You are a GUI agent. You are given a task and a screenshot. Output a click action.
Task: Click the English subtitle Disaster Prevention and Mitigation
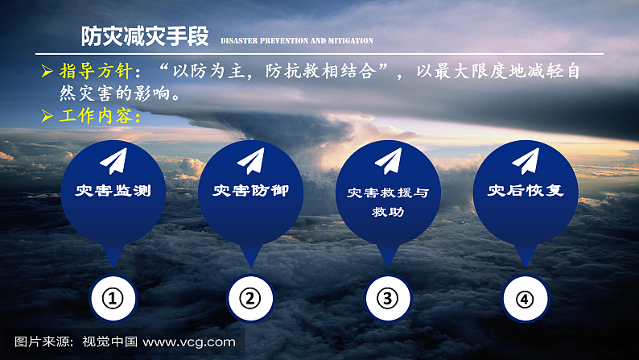(296, 40)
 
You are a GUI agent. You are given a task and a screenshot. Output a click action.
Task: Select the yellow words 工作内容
(100, 116)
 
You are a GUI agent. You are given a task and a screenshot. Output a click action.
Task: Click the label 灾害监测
(113, 192)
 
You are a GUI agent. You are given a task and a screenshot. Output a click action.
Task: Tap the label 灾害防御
(250, 192)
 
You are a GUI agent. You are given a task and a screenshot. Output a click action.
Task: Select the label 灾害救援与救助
(388, 202)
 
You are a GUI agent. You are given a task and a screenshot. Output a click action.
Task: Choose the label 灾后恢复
(526, 192)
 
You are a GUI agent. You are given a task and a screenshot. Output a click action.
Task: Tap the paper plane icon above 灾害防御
(250, 160)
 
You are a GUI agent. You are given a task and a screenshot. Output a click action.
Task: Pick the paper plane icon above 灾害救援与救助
(388, 161)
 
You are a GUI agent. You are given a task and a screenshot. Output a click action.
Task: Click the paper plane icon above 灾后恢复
(526, 160)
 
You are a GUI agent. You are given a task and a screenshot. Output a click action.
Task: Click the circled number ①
(113, 299)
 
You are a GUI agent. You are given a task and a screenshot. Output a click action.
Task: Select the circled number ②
(250, 299)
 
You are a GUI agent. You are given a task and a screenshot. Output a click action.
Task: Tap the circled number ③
(388, 299)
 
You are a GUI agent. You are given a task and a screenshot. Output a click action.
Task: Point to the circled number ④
(526, 299)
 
